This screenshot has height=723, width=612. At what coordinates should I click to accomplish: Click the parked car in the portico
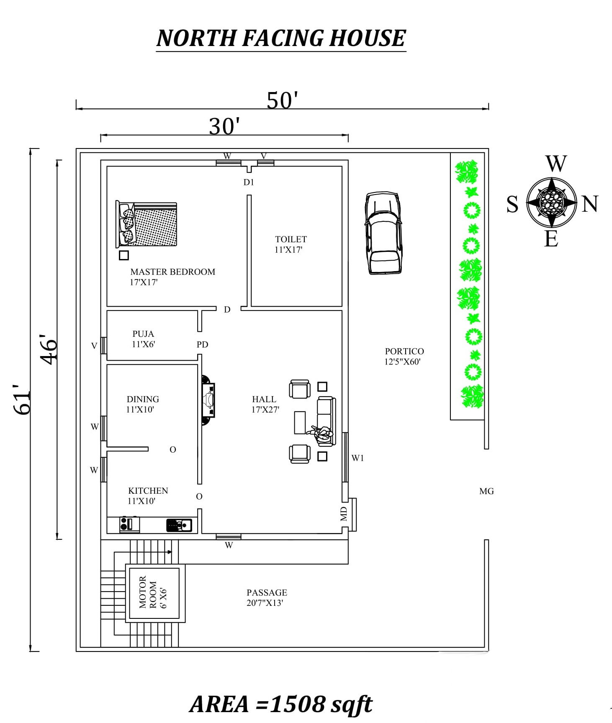point(383,233)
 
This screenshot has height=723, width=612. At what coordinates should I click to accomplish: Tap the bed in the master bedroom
point(146,224)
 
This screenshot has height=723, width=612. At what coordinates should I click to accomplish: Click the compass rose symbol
point(552,202)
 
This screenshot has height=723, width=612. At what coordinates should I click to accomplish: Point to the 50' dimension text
point(283,100)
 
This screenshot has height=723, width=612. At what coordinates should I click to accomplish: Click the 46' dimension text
point(49,349)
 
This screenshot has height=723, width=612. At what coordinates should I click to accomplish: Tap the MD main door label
point(344,513)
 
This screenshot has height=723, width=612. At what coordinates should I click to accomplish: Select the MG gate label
point(486,491)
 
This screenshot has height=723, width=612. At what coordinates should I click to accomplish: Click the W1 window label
point(357,458)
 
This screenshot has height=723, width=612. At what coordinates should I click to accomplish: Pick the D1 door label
point(249,182)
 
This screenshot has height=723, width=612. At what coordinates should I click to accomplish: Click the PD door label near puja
point(202,344)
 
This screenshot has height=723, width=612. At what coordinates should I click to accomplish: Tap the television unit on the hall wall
point(208,400)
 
